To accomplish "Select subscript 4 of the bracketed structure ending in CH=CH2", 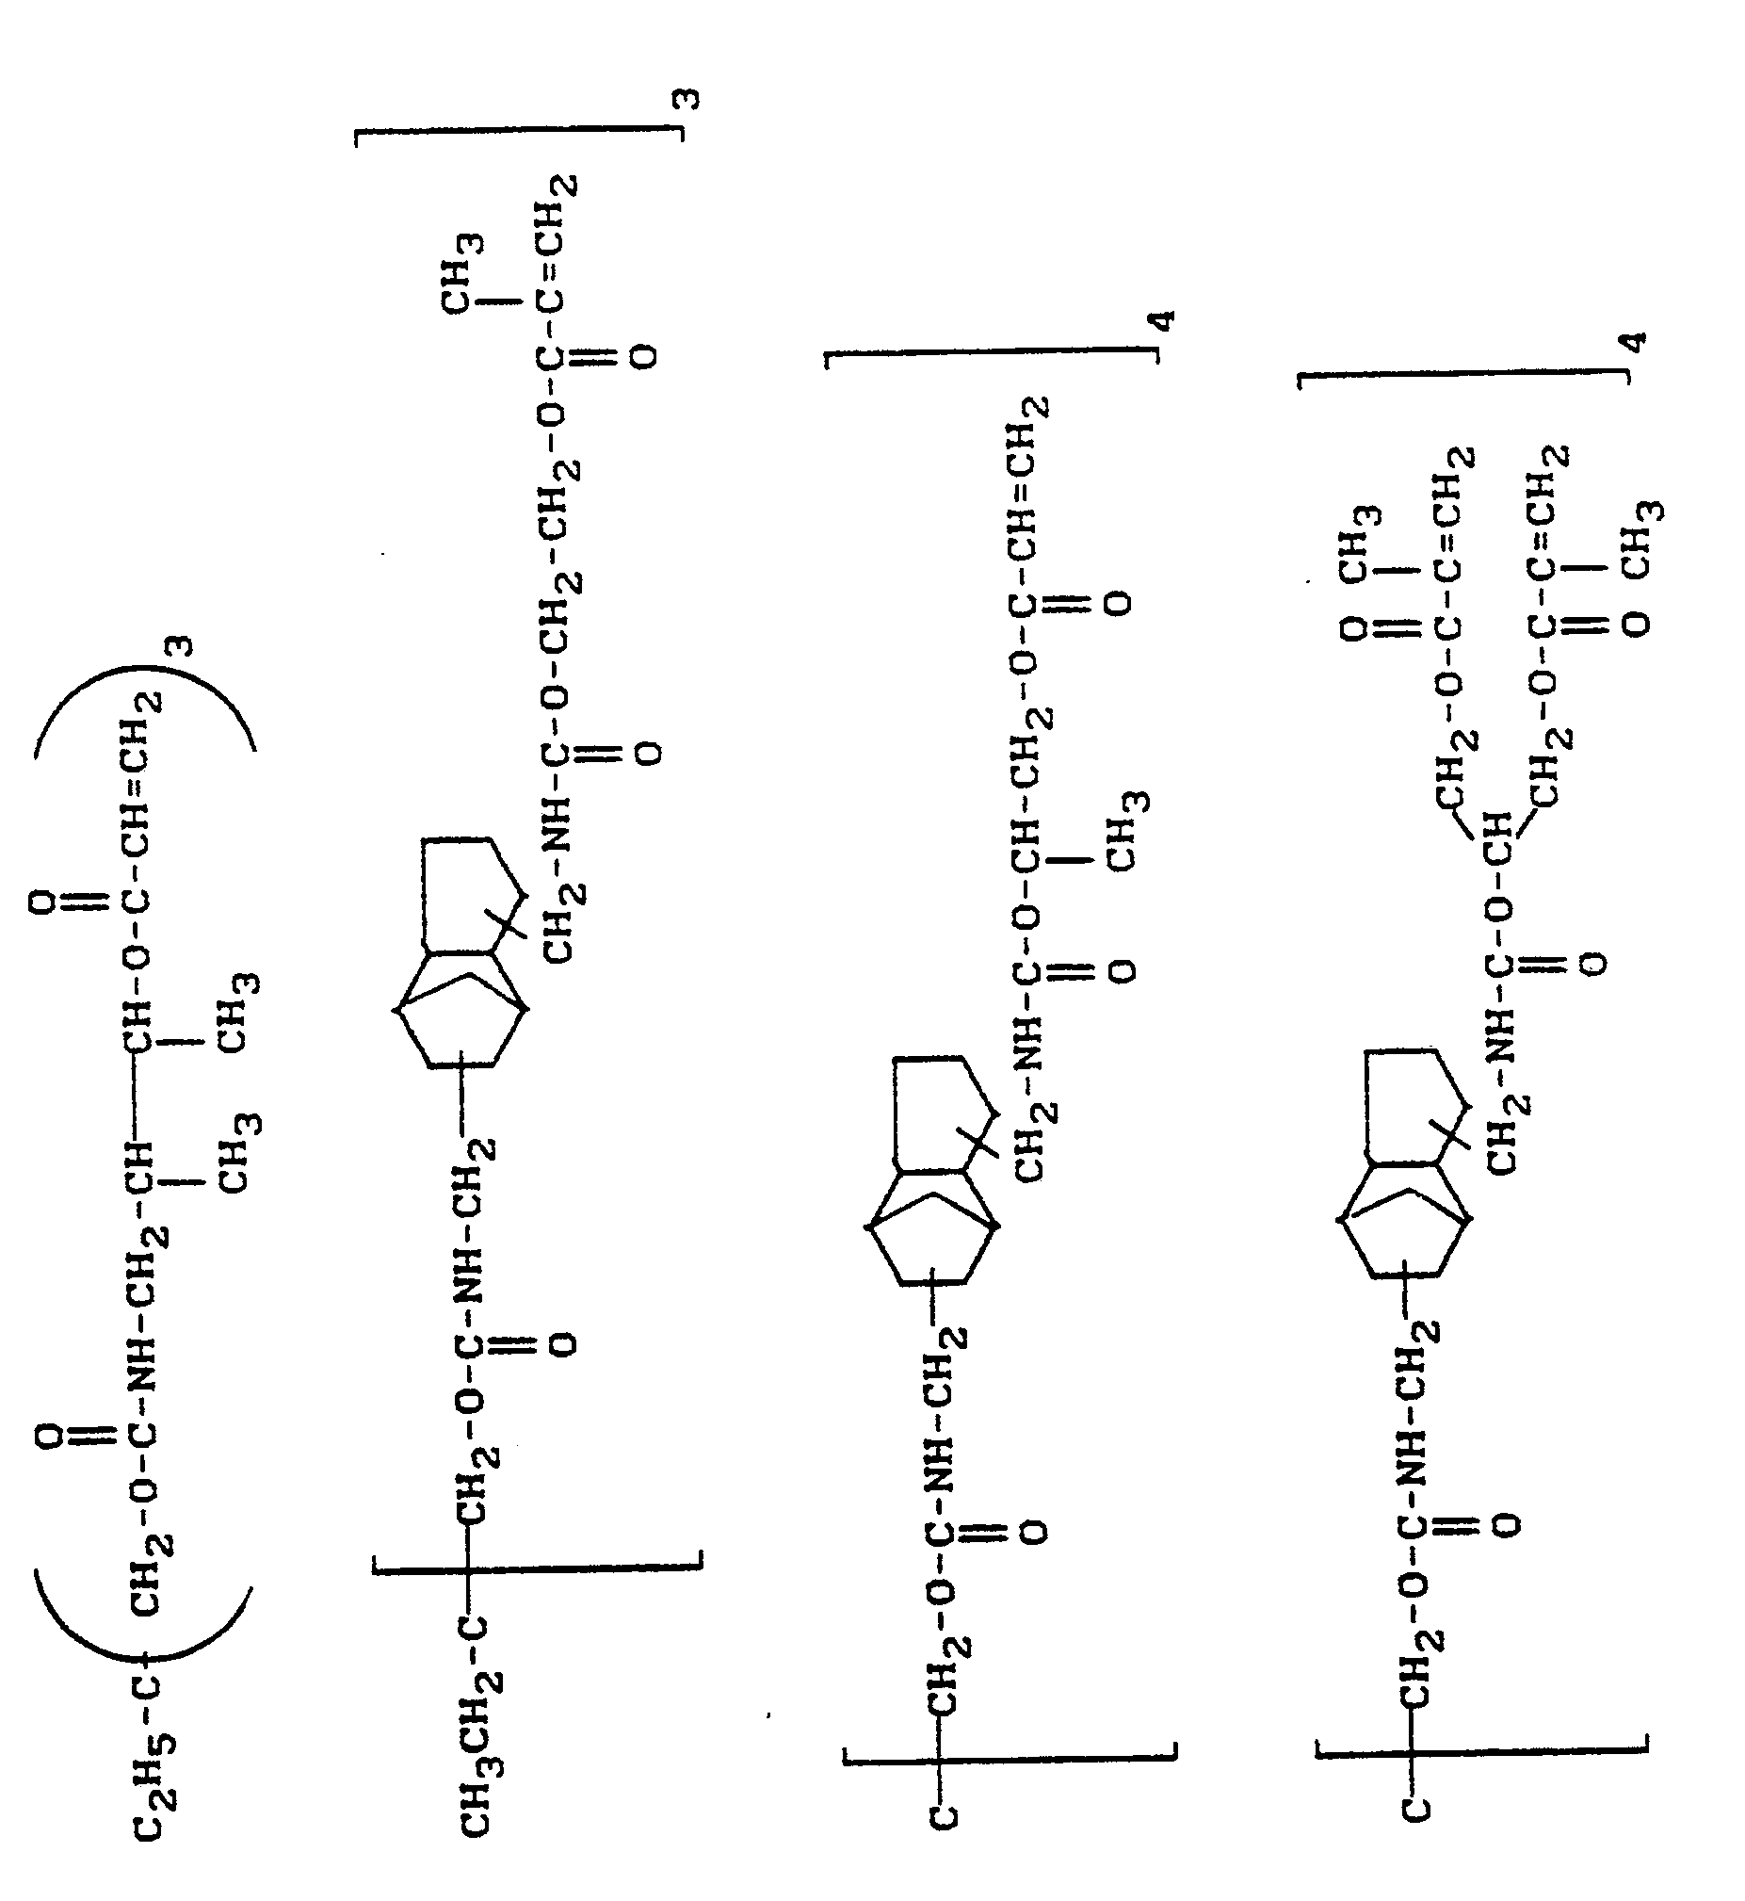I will click(x=1165, y=320).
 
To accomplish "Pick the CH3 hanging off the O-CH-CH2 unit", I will click(x=1129, y=831).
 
